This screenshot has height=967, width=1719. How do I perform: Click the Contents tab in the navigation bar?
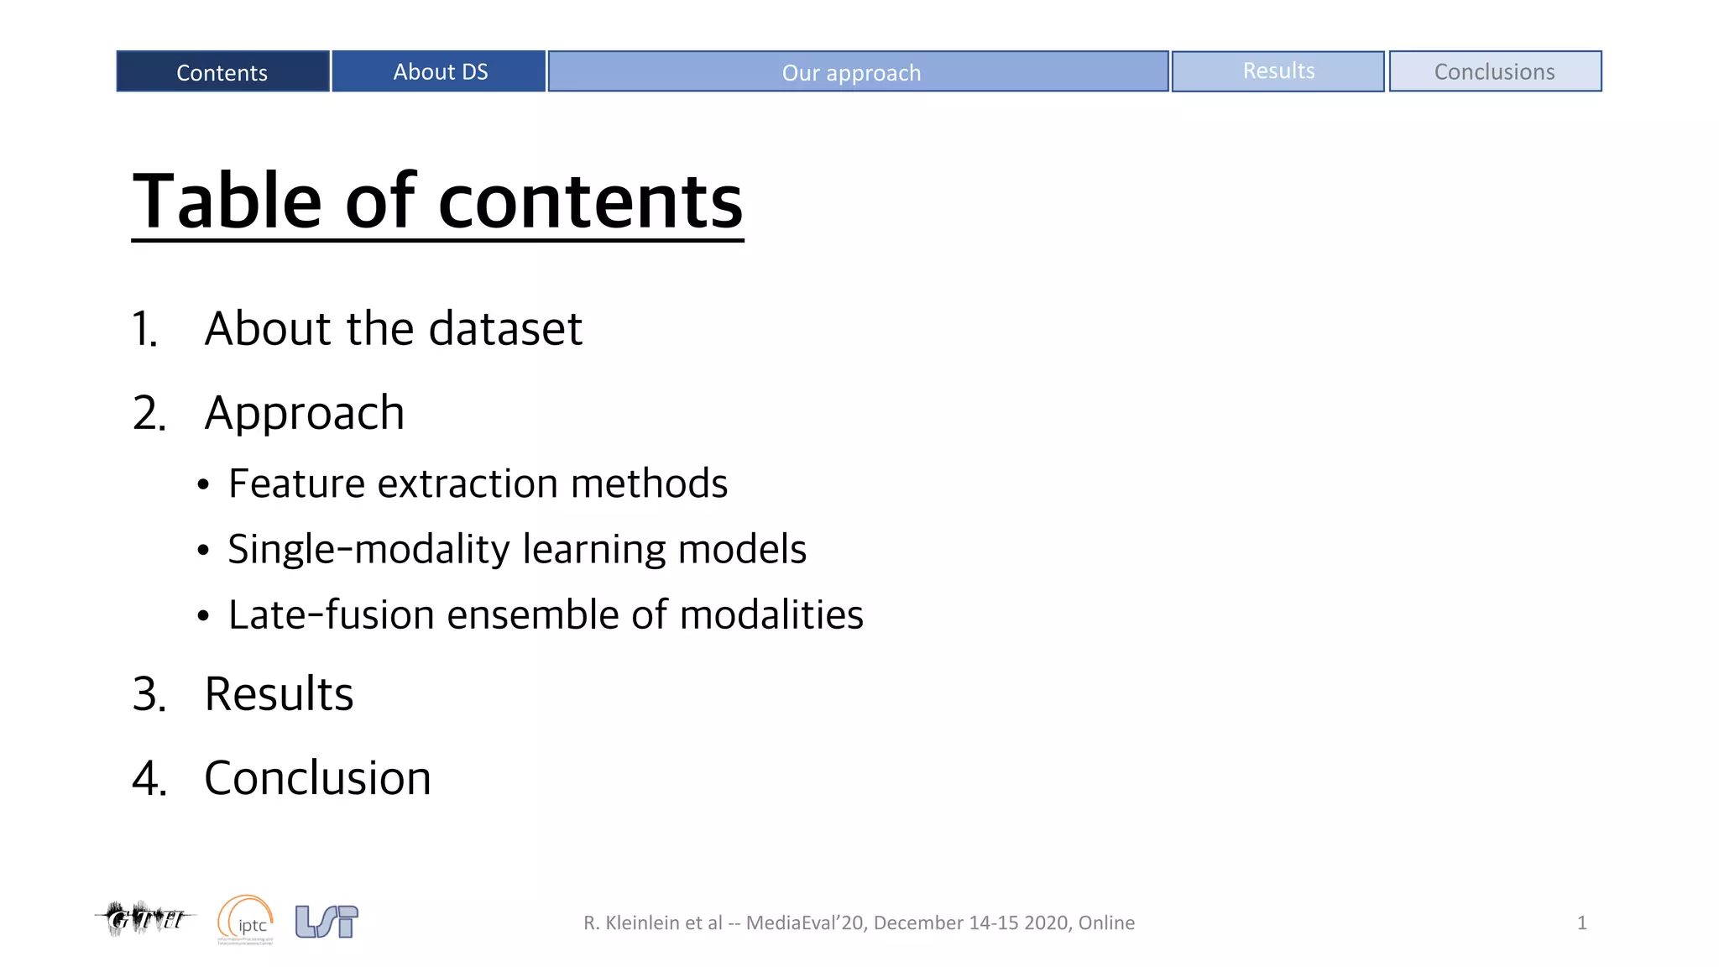pos(222,72)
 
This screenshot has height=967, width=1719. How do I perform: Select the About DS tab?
pos(439,72)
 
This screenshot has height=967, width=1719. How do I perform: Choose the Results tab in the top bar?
pos(1277,72)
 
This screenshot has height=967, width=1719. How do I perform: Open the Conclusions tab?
pos(1494,72)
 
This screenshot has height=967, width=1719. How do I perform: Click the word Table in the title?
pos(227,201)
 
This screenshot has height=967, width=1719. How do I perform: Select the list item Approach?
pos(304,413)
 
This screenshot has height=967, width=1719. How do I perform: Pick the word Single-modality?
pos(368,550)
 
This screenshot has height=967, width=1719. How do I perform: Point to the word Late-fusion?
pos(331,614)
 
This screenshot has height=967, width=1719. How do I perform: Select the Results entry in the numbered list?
pos(279,694)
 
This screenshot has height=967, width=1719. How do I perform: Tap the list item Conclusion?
pos(317,778)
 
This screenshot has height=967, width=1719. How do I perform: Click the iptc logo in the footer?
pos(246,920)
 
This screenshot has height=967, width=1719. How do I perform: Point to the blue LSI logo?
pos(327,921)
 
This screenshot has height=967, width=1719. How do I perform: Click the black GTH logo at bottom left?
pos(145,918)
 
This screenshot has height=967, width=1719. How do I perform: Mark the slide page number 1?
pos(1581,923)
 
